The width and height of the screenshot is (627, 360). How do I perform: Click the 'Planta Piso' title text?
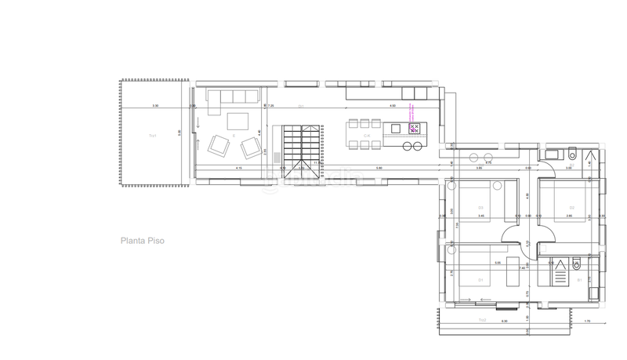142,242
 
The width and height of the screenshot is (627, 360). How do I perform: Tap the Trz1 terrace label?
152,136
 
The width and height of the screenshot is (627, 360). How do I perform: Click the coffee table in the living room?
238,120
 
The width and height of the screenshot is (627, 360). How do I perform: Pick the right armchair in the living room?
251,146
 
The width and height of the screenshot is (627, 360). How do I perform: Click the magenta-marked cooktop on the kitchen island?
413,127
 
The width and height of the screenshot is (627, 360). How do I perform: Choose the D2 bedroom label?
571,208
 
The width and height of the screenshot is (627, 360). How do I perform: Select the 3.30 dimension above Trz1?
155,106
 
